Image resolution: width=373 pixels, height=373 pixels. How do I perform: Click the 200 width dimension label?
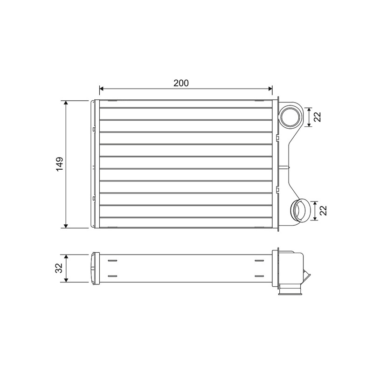pyautogui.click(x=181, y=83)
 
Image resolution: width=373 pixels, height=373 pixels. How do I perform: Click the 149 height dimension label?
pyautogui.click(x=60, y=164)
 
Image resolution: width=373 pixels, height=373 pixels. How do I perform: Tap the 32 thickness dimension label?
pyautogui.click(x=60, y=268)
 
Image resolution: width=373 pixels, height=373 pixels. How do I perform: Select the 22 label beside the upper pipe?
pyautogui.click(x=317, y=117)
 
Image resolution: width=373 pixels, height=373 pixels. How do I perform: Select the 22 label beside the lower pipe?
pyautogui.click(x=324, y=210)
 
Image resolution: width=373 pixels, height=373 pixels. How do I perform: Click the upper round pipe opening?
pyautogui.click(x=291, y=117)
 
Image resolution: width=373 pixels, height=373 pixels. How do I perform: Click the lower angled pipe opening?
pyautogui.click(x=300, y=210)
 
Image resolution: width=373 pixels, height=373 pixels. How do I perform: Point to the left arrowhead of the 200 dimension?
pyautogui.click(x=102, y=89)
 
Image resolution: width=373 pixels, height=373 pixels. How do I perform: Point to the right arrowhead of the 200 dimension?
pyautogui.click(x=270, y=89)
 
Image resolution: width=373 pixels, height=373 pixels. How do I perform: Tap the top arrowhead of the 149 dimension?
pyautogui.click(x=66, y=103)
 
